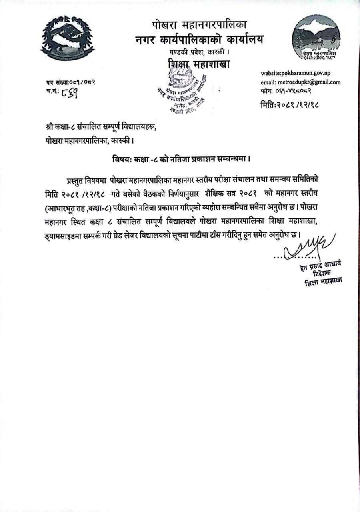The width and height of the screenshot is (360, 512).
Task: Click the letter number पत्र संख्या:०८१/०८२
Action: [x=70, y=82]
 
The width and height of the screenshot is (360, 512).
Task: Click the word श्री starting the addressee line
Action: [x=50, y=128]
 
